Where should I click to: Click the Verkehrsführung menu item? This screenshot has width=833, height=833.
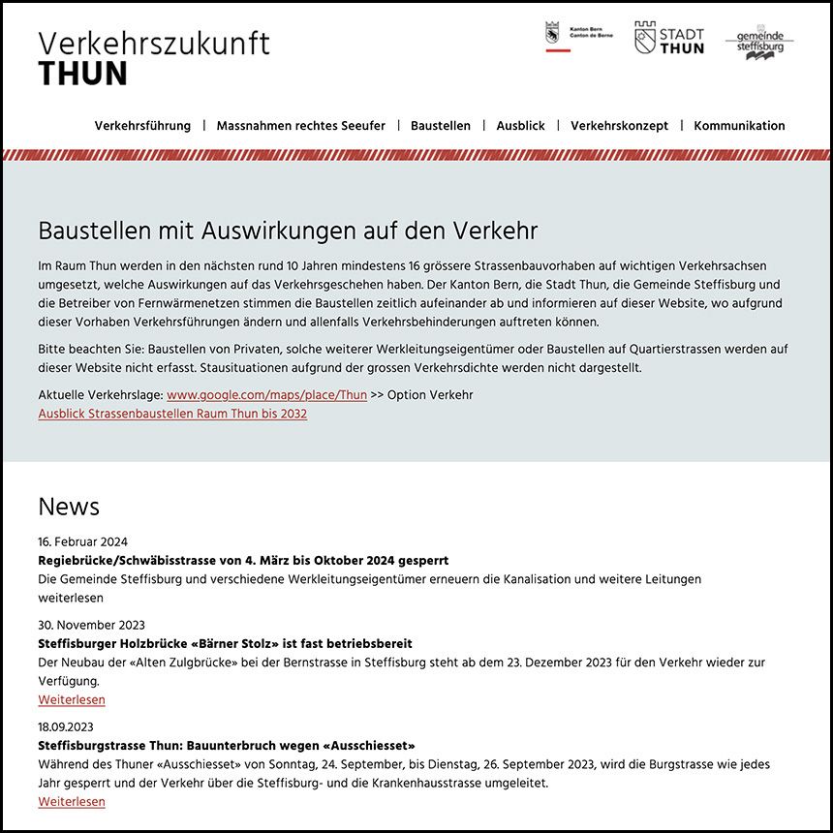point(142,126)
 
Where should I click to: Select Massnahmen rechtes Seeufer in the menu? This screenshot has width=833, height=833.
point(300,126)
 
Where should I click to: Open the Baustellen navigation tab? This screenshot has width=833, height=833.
point(441,126)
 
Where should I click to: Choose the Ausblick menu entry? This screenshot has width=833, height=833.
point(520,126)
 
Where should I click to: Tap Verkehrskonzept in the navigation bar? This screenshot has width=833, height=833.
point(619,126)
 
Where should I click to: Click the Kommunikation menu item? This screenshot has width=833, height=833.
point(739,126)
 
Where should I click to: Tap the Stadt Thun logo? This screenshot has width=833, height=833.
point(668,39)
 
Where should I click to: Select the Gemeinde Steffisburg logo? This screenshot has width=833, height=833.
point(759,43)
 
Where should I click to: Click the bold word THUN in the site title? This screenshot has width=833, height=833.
point(82,74)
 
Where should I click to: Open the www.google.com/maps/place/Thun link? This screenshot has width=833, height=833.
point(266,395)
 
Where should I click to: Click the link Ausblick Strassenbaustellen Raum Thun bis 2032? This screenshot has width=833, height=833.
point(172,414)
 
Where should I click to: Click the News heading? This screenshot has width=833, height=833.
point(69,507)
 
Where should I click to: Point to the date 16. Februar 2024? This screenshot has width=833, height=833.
point(82,541)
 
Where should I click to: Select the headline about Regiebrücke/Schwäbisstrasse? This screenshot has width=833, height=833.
point(243,561)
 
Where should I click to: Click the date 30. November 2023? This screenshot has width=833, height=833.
point(91,625)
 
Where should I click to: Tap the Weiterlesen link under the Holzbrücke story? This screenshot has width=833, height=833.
point(72,699)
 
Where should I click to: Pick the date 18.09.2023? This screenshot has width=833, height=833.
point(66,726)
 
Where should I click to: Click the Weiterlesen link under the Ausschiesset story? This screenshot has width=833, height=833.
point(72,801)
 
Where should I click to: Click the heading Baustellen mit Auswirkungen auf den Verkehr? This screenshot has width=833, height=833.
point(288,231)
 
